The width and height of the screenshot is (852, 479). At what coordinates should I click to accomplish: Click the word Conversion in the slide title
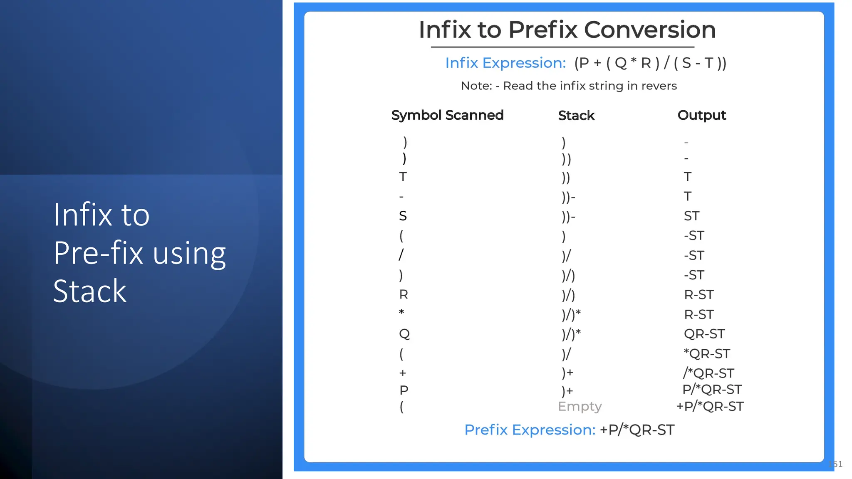click(649, 30)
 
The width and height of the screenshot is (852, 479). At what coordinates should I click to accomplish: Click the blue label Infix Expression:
click(505, 63)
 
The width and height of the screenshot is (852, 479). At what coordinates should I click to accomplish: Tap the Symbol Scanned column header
click(447, 115)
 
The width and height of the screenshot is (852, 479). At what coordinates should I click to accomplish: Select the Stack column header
click(576, 116)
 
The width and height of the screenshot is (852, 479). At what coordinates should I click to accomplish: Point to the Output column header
click(701, 115)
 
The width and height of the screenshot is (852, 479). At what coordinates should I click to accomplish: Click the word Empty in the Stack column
click(580, 406)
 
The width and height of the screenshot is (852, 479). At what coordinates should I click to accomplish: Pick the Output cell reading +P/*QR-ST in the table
click(710, 406)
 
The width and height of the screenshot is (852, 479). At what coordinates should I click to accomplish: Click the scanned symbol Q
click(404, 334)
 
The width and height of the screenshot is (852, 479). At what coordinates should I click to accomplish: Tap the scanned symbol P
click(404, 390)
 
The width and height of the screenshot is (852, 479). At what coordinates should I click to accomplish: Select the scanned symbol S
click(403, 216)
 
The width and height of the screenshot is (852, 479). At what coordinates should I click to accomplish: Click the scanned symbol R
click(403, 294)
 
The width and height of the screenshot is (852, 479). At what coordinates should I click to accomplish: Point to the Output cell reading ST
click(691, 216)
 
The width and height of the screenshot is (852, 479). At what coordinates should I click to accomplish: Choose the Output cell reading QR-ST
click(704, 334)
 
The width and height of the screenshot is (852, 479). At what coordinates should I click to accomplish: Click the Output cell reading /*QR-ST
click(708, 373)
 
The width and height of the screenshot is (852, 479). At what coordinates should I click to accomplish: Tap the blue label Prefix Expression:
click(530, 430)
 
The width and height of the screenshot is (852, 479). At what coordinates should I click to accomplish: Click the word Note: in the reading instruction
click(476, 86)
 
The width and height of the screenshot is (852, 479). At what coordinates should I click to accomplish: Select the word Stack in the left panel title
click(89, 291)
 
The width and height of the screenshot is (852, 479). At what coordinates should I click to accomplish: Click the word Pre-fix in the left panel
click(98, 253)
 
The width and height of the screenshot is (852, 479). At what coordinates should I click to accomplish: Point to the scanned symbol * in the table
click(401, 312)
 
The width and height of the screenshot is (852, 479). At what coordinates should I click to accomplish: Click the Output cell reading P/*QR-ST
click(712, 390)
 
